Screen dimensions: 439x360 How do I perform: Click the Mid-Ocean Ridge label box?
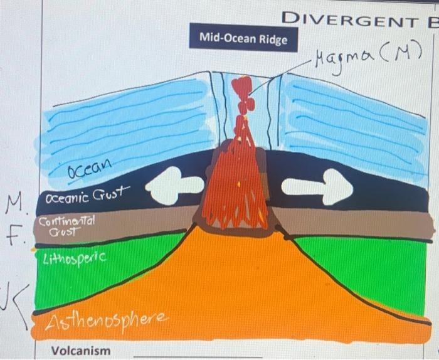click(243, 38)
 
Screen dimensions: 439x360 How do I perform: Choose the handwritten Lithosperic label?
click(71, 258)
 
